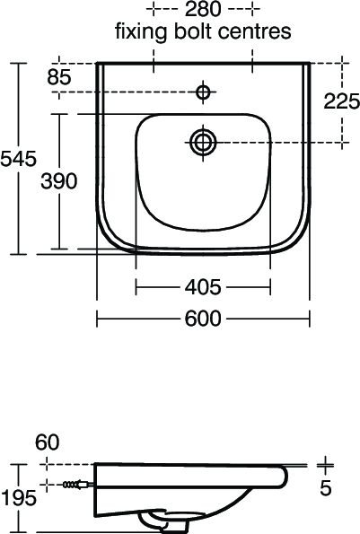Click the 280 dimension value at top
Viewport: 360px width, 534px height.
coord(203,11)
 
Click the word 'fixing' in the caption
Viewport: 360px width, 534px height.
coord(137,32)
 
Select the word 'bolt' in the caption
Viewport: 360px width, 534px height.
coord(196,32)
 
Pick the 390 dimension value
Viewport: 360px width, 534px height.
coord(60,179)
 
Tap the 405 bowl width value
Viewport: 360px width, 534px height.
coord(203,287)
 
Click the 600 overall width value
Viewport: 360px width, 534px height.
coord(203,319)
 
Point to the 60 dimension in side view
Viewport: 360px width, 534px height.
coord(48,442)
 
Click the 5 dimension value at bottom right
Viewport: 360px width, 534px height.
coord(326,488)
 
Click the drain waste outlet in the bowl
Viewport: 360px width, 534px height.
coord(204,139)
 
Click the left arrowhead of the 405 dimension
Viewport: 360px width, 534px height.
coord(137,287)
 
